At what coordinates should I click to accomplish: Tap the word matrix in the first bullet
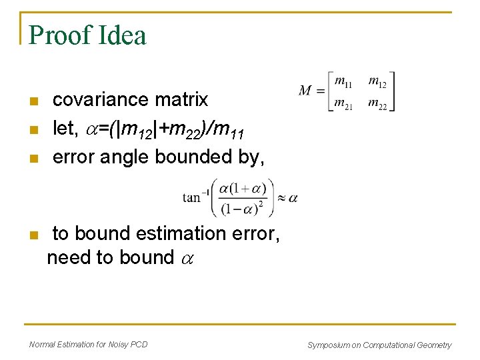point(181,100)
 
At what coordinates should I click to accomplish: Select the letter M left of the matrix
point(306,91)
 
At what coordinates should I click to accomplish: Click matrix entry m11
point(344,83)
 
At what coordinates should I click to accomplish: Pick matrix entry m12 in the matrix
point(377,83)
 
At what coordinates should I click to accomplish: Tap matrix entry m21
point(344,104)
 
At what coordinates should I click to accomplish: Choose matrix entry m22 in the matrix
point(377,104)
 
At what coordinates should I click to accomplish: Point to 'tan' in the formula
point(192,197)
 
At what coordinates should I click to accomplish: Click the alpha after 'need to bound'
point(186,259)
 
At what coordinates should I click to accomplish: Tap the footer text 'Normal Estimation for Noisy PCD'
point(89,344)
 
